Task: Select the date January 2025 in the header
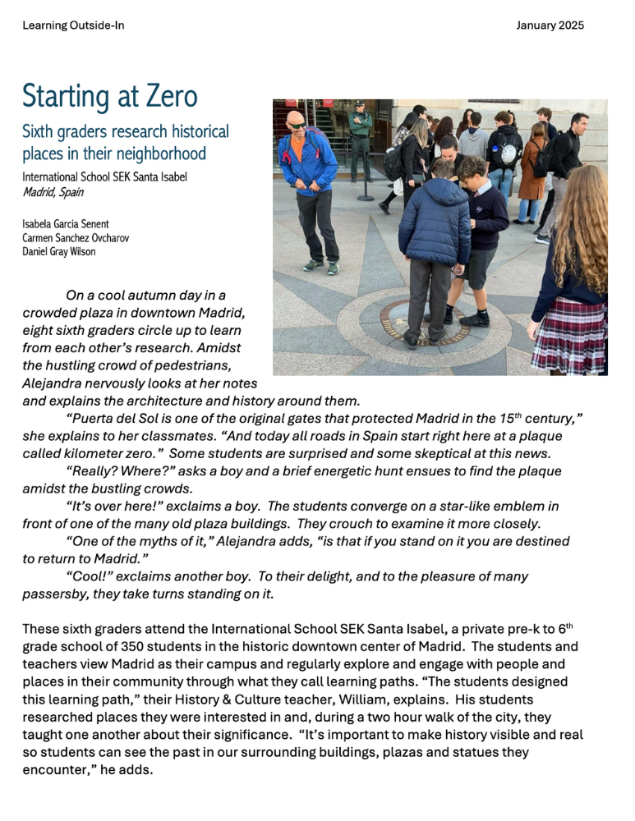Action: (x=550, y=25)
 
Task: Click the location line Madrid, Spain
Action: (x=53, y=192)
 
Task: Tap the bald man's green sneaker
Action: (x=313, y=265)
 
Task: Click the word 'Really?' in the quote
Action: (x=94, y=471)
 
